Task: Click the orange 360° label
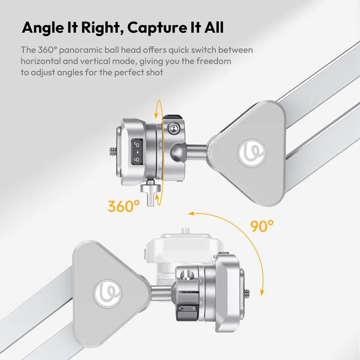[x=124, y=206]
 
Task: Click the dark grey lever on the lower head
[x=185, y=312]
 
